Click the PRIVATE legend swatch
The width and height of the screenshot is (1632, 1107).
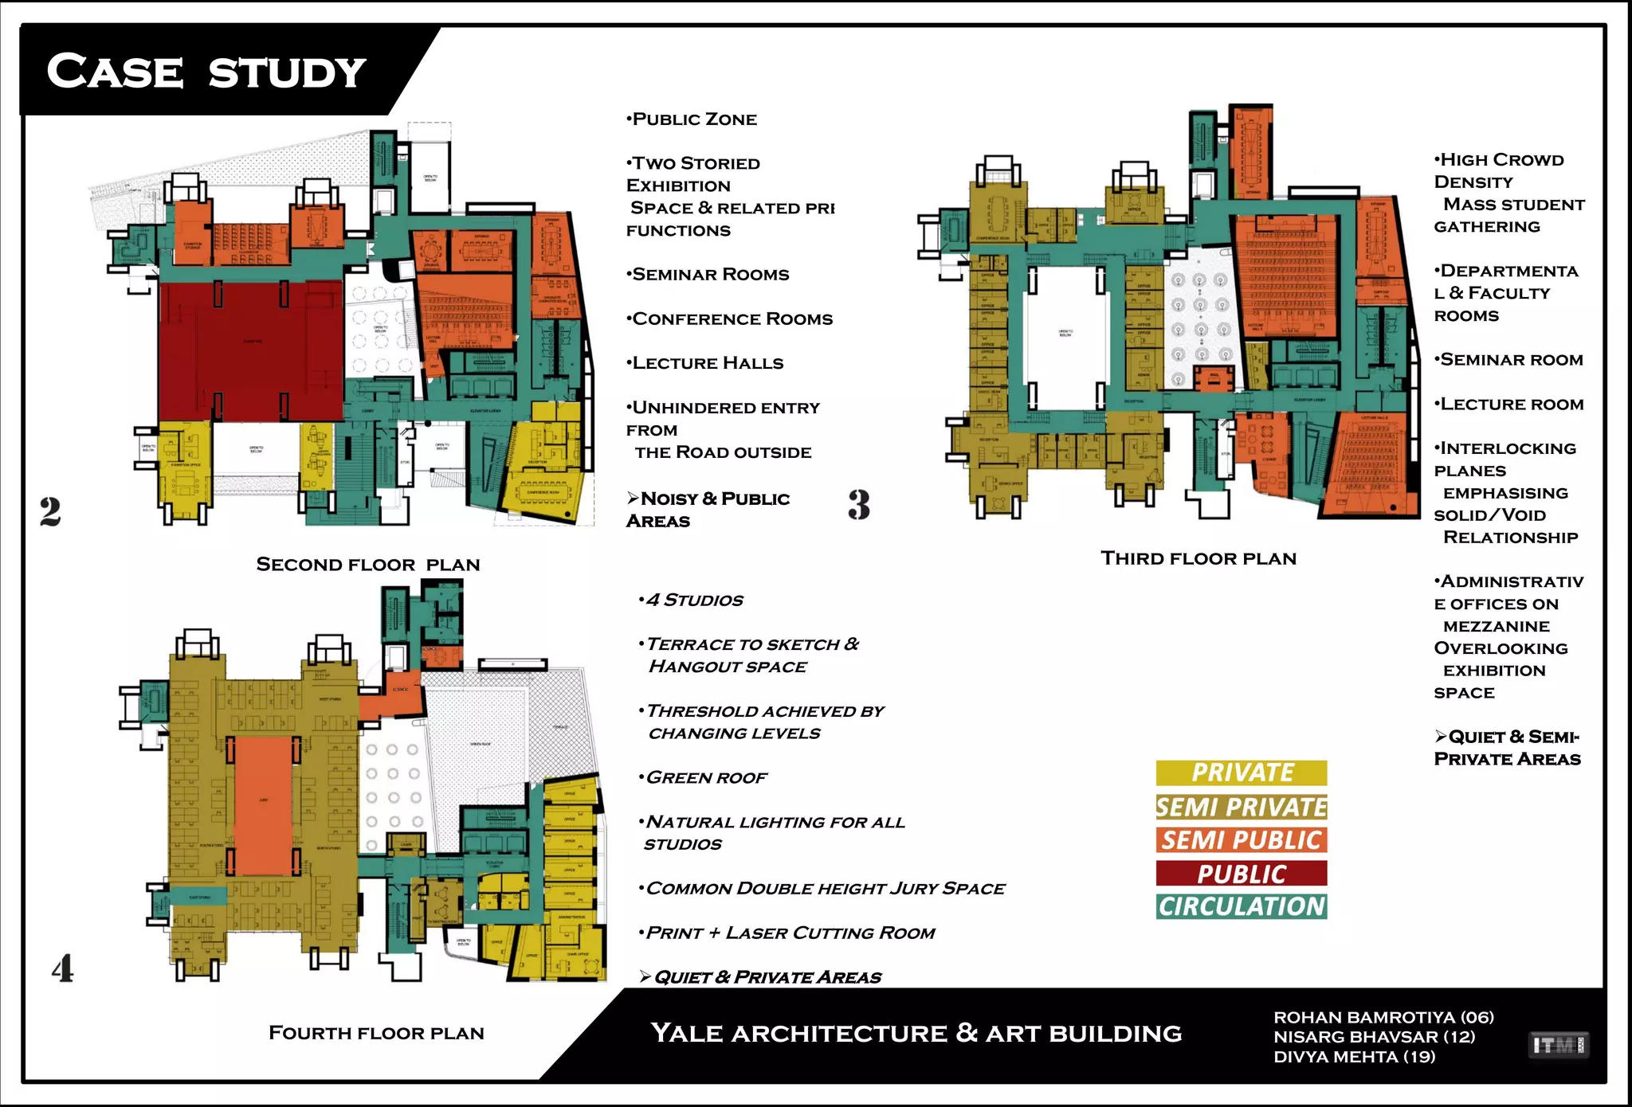point(1242,773)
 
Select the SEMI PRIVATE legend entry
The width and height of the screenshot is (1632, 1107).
point(1242,807)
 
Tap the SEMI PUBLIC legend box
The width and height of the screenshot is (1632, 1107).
point(1242,840)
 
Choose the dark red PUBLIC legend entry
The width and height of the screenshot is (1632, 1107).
point(1242,874)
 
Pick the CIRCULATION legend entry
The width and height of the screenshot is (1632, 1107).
point(1242,906)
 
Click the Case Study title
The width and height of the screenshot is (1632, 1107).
point(206,72)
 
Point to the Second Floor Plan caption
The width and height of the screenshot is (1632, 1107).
point(368,565)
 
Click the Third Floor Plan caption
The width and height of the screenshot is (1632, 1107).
point(1198,558)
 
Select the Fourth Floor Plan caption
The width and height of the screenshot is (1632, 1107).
point(376,1033)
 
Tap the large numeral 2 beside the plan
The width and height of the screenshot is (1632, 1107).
point(50,511)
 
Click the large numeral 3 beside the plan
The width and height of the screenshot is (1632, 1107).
point(858,505)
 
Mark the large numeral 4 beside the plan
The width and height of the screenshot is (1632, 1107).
point(63,968)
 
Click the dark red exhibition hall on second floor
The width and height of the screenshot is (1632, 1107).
point(250,350)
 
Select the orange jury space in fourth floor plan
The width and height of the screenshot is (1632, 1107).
point(264,804)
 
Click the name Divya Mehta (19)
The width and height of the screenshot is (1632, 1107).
point(1354,1057)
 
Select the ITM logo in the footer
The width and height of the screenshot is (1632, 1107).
point(1559,1045)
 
